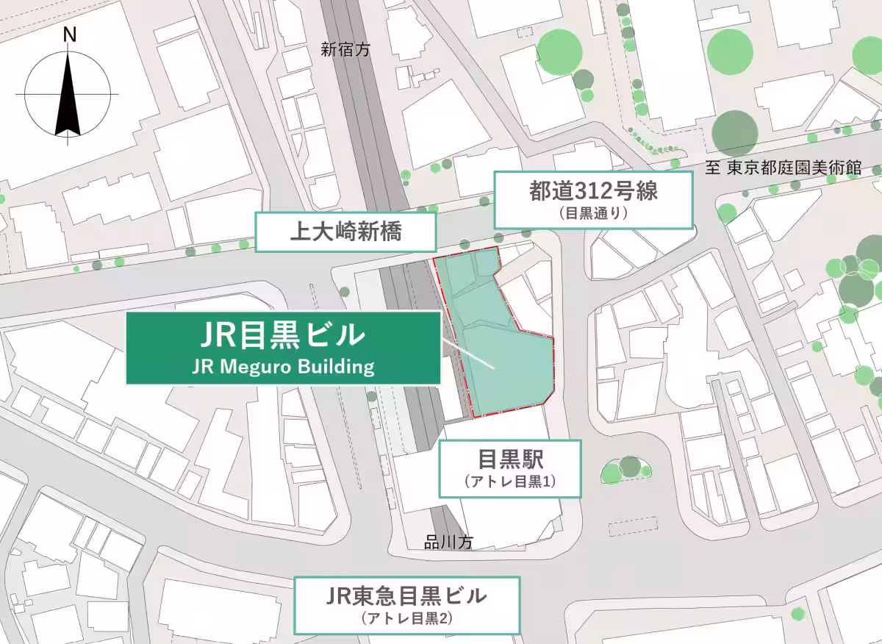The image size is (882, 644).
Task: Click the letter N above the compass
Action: click(x=70, y=35)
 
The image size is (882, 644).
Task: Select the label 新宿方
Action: click(x=347, y=49)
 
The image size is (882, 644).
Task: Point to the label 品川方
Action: click(x=448, y=543)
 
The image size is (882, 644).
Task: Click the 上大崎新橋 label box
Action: click(x=345, y=234)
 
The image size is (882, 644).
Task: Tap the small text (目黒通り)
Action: click(x=592, y=215)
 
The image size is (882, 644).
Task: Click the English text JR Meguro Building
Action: click(x=283, y=366)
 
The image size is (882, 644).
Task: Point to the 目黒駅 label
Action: click(x=510, y=460)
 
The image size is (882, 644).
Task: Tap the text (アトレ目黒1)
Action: click(x=510, y=482)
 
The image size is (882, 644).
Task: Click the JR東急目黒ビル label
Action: click(x=406, y=595)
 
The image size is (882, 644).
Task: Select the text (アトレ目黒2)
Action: click(x=406, y=618)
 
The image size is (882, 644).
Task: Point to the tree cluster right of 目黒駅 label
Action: click(x=624, y=469)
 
